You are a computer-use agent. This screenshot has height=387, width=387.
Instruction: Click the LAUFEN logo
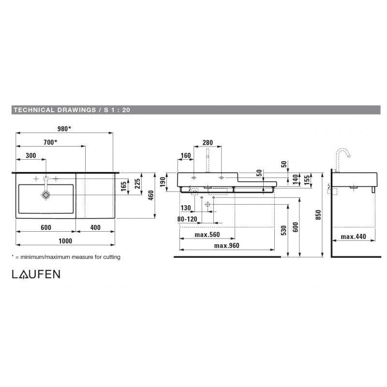[x=36, y=274]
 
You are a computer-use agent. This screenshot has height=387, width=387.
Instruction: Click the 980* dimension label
[x=64, y=129]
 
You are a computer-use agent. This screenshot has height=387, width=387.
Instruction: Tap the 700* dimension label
[x=50, y=142]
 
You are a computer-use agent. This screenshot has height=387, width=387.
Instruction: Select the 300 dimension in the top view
[x=31, y=155]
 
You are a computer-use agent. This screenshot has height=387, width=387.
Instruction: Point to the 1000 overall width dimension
[x=65, y=241]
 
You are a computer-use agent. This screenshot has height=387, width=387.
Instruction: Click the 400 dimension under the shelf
[x=95, y=227]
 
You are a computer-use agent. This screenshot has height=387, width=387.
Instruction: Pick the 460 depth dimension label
[x=151, y=195]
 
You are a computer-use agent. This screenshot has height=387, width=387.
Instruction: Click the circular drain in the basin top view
[x=46, y=195]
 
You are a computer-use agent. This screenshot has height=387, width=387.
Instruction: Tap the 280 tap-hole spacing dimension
[x=208, y=142]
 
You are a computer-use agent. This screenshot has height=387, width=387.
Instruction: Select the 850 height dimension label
[x=318, y=215]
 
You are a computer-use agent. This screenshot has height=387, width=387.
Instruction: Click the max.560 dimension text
[x=207, y=235]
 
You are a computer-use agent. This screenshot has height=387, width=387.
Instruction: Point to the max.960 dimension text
[x=226, y=246]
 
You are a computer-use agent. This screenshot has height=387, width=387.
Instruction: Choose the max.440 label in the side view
[x=353, y=237]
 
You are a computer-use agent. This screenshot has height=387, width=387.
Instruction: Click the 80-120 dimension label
[x=187, y=219]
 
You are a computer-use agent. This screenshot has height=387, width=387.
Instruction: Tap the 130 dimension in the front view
[x=186, y=208]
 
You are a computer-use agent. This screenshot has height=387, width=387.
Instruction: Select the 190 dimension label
[x=163, y=182]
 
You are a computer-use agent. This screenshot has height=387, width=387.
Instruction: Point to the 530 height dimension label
[x=284, y=230]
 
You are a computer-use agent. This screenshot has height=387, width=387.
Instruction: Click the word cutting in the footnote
[x=112, y=257]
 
